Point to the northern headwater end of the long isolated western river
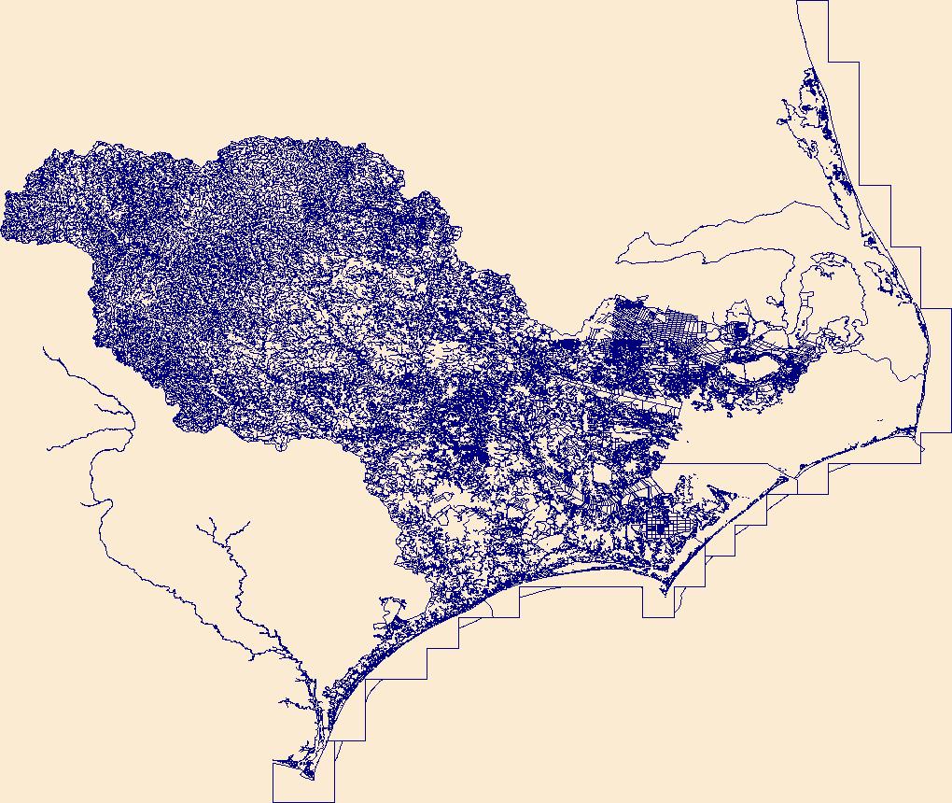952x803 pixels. (x=44, y=349)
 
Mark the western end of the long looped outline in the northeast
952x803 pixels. (x=618, y=258)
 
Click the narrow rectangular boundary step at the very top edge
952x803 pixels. (x=813, y=28)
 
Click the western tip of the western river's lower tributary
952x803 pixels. (x=49, y=448)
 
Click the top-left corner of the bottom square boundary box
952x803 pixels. (x=273, y=762)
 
